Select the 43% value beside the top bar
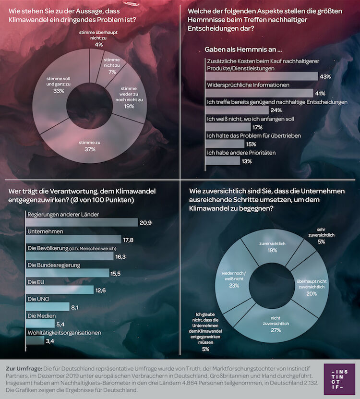tap(325, 77)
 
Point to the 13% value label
tap(247, 161)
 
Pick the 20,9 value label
tap(145, 223)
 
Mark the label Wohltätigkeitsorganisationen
tap(64, 333)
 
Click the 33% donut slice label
tap(59, 85)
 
